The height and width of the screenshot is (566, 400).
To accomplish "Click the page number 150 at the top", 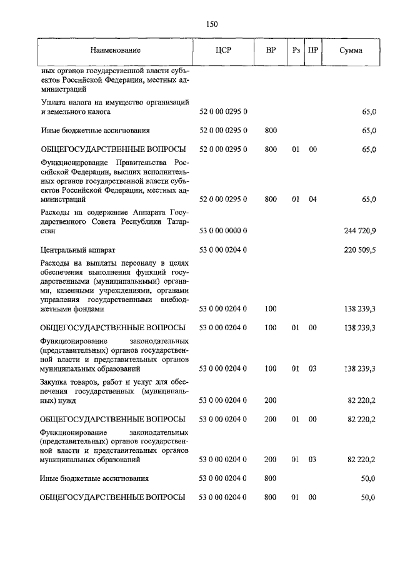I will click(211, 24).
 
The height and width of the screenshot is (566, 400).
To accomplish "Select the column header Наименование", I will click(114, 50).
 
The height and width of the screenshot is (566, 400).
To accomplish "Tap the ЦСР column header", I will click(223, 50).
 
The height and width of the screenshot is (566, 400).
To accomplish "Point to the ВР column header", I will click(271, 50).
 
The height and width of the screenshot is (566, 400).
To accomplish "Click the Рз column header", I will click(296, 50).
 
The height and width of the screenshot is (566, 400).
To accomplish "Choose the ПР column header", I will click(312, 50).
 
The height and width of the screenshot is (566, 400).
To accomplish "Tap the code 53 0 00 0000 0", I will click(223, 231).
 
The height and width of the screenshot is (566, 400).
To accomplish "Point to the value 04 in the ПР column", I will click(312, 200).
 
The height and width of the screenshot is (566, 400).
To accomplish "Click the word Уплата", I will click(52, 101).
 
